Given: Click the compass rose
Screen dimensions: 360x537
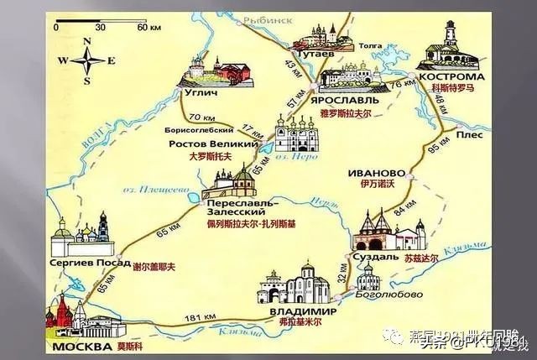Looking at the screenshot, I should click(x=87, y=60).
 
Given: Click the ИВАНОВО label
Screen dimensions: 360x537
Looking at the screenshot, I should click(x=376, y=173).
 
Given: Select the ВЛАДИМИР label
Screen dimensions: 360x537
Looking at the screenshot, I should click(x=298, y=312).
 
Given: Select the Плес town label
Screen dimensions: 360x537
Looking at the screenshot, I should click(x=470, y=132).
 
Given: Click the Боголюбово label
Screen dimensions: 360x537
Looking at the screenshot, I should click(x=378, y=295).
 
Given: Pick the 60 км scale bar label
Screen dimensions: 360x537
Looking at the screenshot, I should click(x=149, y=28).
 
